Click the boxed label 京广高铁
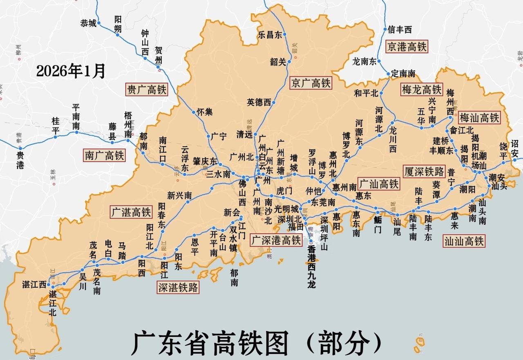311,83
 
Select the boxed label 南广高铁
104,155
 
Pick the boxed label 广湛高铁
131,212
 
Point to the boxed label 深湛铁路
178,288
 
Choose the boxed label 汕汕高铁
464,241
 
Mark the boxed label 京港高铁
407,47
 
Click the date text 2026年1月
71,71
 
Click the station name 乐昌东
270,35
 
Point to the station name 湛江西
34,285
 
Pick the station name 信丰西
400,29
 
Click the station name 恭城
88,23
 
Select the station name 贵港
20,159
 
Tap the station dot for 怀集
194,112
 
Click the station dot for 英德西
274,103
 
